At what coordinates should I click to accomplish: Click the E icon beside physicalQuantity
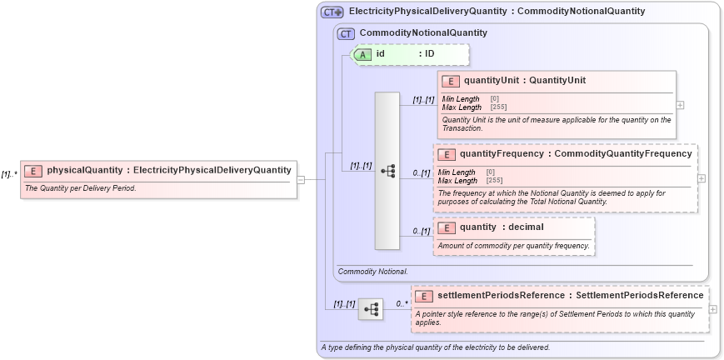click(33, 171)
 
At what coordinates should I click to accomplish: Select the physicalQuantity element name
click(84, 171)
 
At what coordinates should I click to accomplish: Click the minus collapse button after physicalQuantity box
click(301, 178)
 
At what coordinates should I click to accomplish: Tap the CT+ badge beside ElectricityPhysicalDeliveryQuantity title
click(332, 12)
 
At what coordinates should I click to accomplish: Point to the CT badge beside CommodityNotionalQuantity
click(346, 33)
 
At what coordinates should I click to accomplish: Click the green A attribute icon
click(362, 54)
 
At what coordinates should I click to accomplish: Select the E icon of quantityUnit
click(450, 81)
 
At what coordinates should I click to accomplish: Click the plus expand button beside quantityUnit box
click(681, 105)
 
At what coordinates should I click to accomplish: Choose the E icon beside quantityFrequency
click(447, 154)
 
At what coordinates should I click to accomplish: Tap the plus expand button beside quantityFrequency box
click(702, 178)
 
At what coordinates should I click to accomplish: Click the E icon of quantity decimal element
click(447, 227)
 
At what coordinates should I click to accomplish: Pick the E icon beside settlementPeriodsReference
click(424, 296)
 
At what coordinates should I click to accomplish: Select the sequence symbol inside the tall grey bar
click(387, 170)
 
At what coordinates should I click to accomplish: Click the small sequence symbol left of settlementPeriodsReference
click(371, 309)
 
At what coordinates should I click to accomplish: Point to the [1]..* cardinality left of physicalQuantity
click(9, 174)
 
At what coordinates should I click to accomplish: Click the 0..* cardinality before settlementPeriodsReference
click(402, 304)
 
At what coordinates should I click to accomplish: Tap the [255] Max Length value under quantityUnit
click(495, 107)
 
